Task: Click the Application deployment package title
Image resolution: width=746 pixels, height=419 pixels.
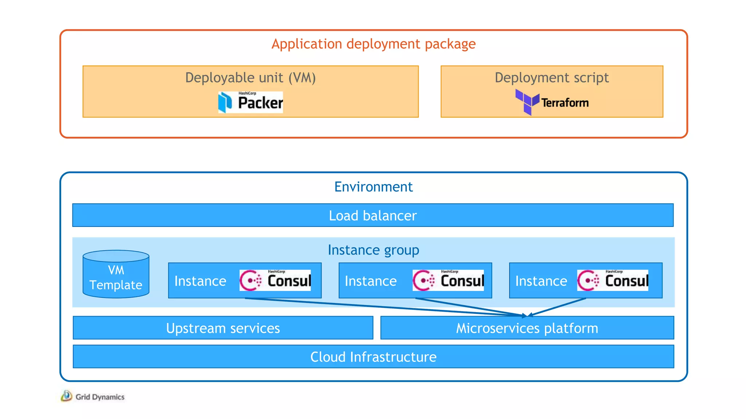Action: (x=373, y=44)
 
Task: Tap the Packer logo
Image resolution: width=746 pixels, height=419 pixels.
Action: (x=250, y=102)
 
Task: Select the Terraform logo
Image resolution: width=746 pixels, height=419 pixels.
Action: (x=552, y=102)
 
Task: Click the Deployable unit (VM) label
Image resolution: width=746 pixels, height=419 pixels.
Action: (x=250, y=78)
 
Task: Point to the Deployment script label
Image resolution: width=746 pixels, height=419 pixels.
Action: (x=551, y=78)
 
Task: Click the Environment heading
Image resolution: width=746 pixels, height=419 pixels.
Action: (x=373, y=187)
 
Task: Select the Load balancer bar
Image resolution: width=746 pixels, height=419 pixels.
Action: (x=373, y=215)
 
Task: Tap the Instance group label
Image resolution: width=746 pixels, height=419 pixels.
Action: (x=373, y=250)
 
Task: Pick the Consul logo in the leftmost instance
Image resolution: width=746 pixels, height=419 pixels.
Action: (x=275, y=280)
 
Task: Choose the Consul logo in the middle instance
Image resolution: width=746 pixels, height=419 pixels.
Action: (x=448, y=280)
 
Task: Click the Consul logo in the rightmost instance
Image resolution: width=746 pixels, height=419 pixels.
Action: (x=613, y=280)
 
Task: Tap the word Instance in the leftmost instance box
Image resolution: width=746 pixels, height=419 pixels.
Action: (x=200, y=281)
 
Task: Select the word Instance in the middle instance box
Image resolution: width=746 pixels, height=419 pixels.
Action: (x=370, y=281)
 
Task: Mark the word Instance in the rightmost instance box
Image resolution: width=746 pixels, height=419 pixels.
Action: (x=541, y=281)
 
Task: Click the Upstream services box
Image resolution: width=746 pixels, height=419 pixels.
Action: (x=223, y=328)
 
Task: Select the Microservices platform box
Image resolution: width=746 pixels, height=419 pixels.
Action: (x=527, y=328)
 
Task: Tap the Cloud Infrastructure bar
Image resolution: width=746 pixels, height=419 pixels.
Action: (x=373, y=357)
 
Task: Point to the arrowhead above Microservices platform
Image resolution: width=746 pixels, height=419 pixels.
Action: (x=527, y=315)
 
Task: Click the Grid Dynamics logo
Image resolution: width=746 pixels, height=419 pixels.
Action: (x=93, y=396)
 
